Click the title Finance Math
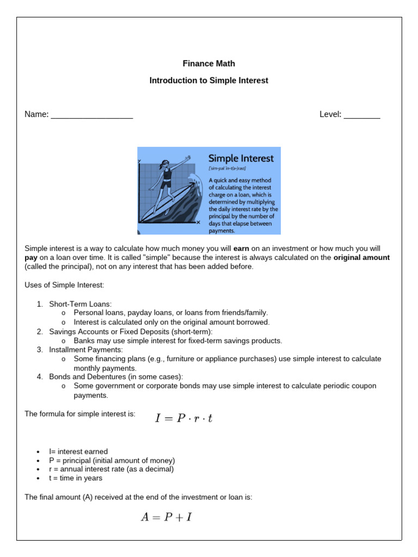point(208,64)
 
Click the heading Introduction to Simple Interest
point(208,81)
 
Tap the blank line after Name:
point(91,115)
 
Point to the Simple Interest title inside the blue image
point(241,158)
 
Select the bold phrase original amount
point(361,258)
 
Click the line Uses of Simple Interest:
point(64,285)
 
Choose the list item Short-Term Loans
point(80,304)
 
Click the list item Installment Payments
point(86,350)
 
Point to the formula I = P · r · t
point(183,419)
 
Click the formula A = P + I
point(166,517)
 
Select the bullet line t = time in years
point(76,478)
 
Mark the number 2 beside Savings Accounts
point(40,332)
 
